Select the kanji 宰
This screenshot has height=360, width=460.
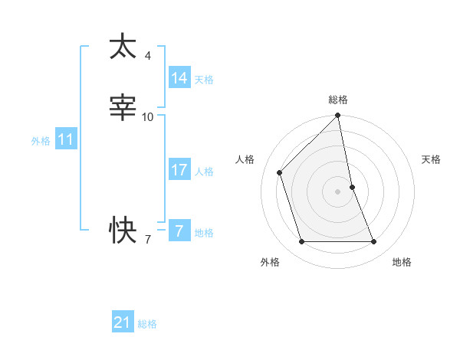point(123,107)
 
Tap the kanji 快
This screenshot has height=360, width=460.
point(123,227)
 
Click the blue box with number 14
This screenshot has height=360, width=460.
point(179,78)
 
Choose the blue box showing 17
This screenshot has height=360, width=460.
point(179,170)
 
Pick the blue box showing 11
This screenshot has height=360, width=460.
point(66,140)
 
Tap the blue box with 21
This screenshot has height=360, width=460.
point(122,322)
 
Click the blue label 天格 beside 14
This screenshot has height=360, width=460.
point(204,79)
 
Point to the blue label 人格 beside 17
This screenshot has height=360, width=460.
point(204,171)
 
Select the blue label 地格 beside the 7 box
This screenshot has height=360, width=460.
point(204,233)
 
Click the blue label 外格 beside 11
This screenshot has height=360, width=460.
point(41,141)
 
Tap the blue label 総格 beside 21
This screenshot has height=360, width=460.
point(147,324)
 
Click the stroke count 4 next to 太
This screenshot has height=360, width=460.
point(147,56)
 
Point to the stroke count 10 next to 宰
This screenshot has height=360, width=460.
point(147,116)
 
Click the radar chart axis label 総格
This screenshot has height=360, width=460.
point(338,100)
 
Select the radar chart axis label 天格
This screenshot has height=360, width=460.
point(431,159)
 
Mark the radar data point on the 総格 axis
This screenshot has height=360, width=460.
point(338,116)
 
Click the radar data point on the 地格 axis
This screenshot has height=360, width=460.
point(374,242)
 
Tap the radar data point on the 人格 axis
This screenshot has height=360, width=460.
point(280,172)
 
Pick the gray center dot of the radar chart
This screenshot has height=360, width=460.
point(338,191)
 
